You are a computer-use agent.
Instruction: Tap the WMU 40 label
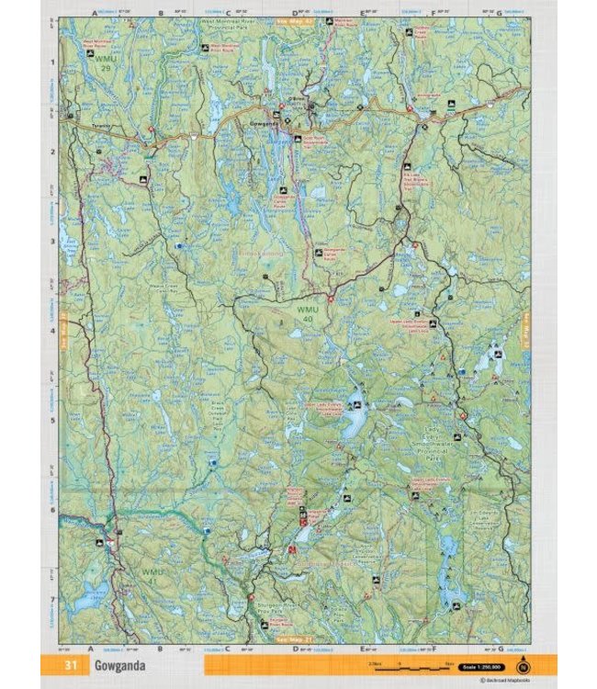click(306, 315)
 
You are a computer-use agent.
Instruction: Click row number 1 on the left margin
click(52, 62)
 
